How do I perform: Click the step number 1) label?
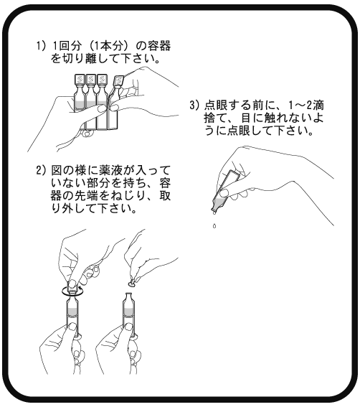pyautogui.click(x=41, y=46)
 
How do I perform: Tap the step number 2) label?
pyautogui.click(x=42, y=171)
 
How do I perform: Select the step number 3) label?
pyautogui.click(x=195, y=106)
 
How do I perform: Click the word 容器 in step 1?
pyautogui.click(x=158, y=46)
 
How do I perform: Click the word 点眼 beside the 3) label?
pyautogui.click(x=216, y=106)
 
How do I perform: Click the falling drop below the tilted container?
pyautogui.click(x=214, y=226)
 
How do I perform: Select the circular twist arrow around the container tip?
pyautogui.click(x=72, y=291)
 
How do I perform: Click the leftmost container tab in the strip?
pyautogui.click(x=79, y=80)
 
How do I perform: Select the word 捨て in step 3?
pyautogui.click(x=216, y=118)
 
